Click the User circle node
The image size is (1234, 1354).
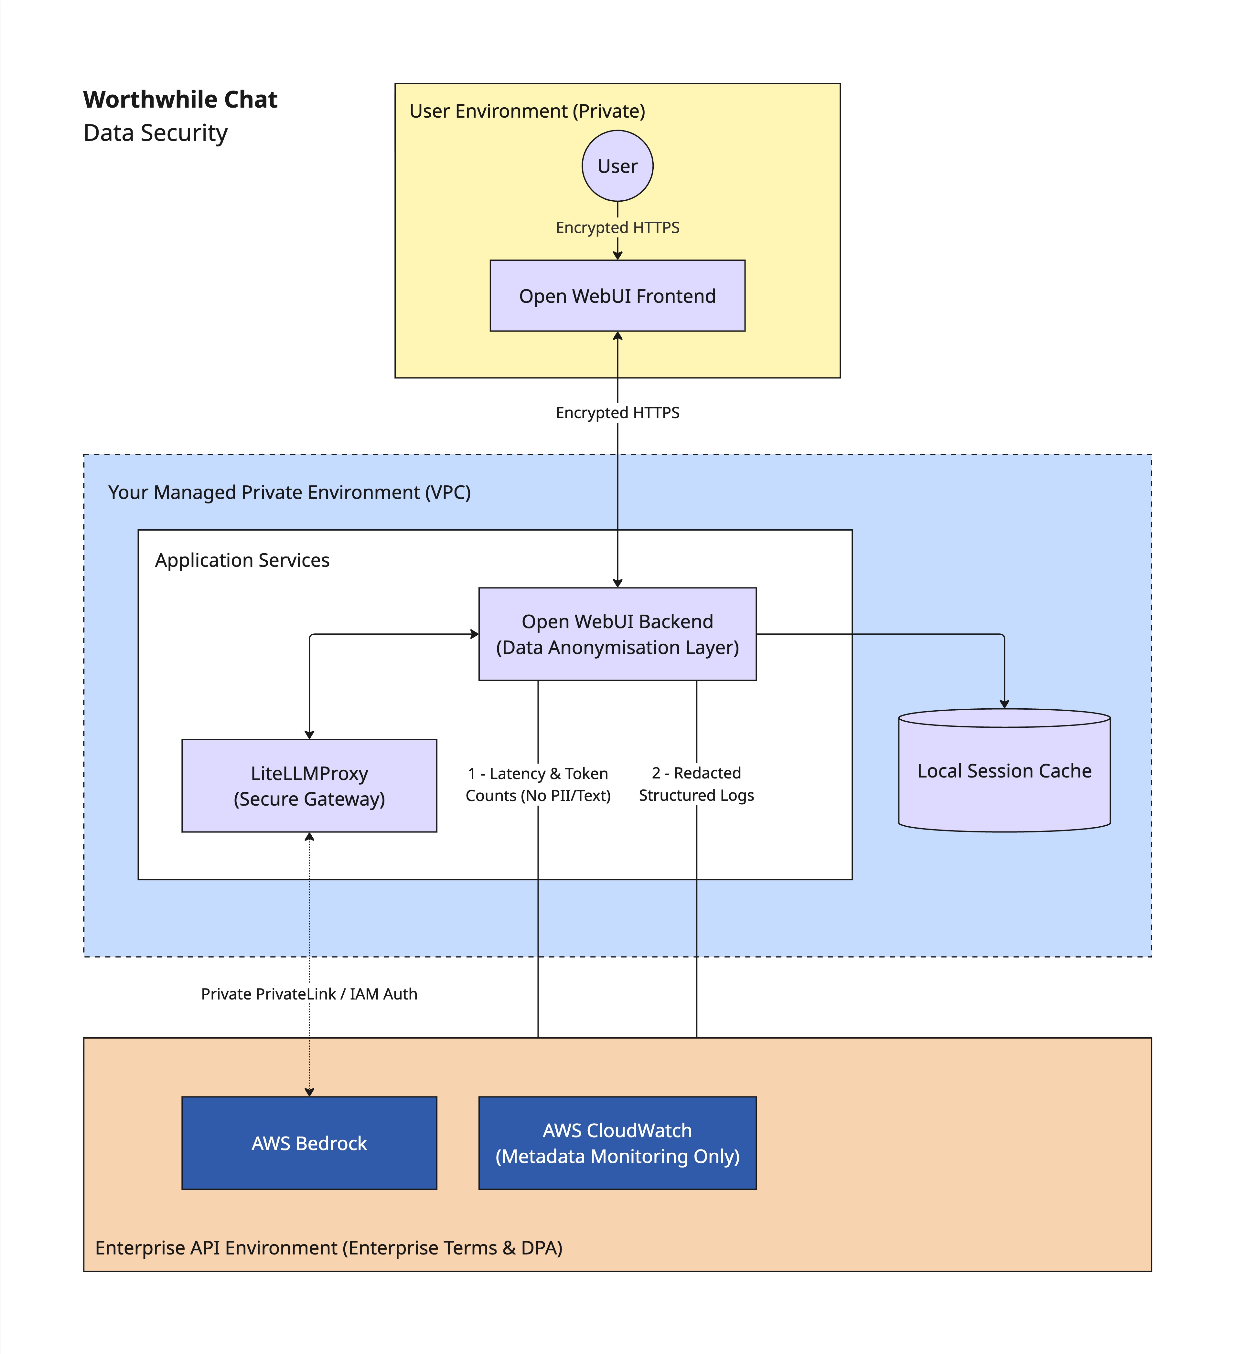tap(617, 166)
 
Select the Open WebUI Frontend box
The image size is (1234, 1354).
tap(617, 295)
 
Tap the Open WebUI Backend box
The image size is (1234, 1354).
tap(617, 634)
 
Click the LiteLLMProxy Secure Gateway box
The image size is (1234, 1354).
tap(309, 786)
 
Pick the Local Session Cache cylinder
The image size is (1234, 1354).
tap(1004, 770)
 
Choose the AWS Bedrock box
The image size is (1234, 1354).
tap(309, 1143)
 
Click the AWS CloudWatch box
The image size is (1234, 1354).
tap(617, 1143)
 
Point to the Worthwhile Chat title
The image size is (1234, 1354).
tap(180, 100)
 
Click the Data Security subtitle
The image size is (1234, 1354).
tap(155, 133)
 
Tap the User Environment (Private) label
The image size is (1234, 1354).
tap(527, 111)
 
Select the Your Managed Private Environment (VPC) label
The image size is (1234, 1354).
tap(290, 492)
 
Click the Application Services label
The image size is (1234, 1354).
tap(242, 560)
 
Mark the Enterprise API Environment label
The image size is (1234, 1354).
tap(328, 1248)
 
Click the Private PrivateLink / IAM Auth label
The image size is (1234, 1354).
tap(309, 994)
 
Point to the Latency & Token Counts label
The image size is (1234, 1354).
tap(538, 785)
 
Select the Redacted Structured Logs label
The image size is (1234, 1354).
tap(697, 784)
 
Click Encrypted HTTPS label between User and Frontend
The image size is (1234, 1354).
tap(617, 228)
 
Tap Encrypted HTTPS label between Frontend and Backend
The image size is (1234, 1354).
tap(617, 412)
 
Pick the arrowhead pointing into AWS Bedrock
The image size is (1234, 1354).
tap(309, 1092)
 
